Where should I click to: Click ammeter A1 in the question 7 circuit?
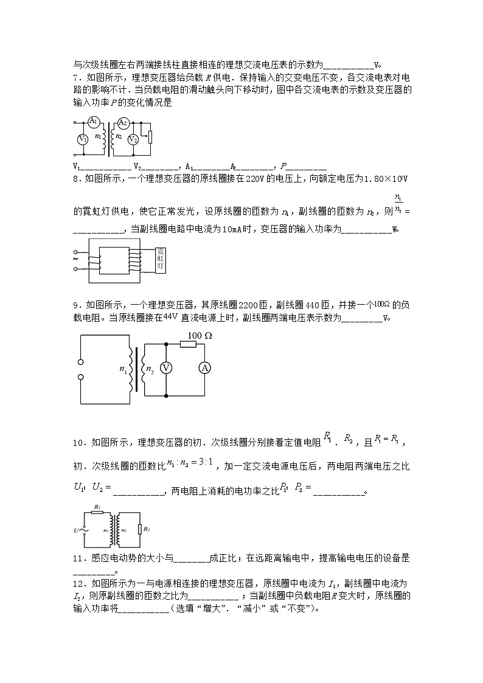(93, 122)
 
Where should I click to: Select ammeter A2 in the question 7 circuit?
(122, 122)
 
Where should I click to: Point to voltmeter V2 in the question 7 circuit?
(133, 139)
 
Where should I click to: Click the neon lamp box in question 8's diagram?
(161, 258)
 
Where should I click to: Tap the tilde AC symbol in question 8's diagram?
(76, 259)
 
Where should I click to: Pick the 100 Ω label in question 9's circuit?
(200, 336)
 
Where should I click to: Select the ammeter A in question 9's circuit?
(206, 369)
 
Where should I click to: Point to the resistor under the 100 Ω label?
(188, 344)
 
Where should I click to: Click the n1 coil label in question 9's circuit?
(123, 369)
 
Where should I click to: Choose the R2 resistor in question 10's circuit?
(139, 529)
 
